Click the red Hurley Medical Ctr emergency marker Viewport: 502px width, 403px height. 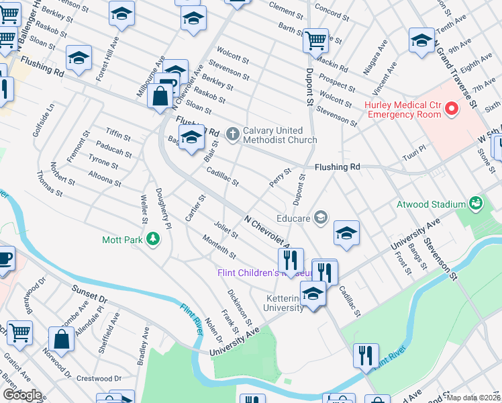[452, 108]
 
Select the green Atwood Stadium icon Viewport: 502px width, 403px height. [476, 202]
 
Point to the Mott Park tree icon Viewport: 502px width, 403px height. [153, 238]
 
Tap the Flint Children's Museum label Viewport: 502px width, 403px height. [264, 273]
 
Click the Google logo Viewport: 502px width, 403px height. [21, 395]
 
